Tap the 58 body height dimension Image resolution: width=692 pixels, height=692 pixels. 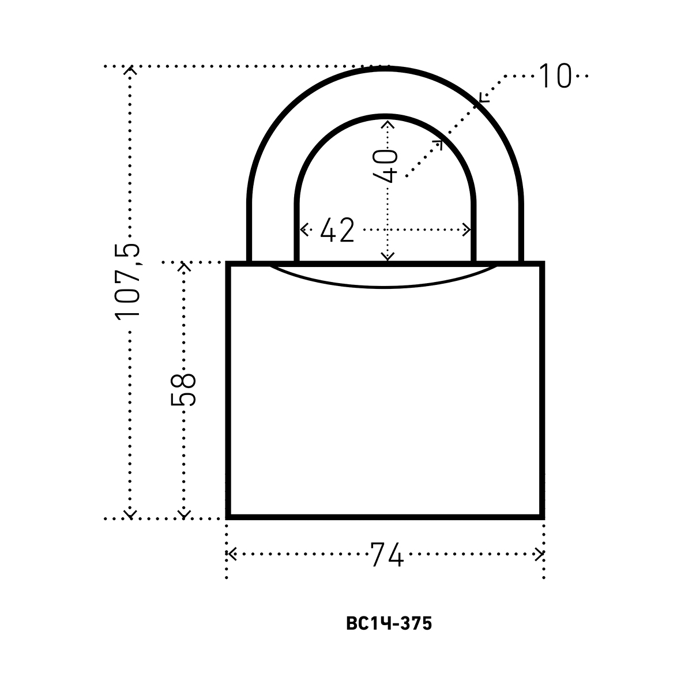tap(184, 389)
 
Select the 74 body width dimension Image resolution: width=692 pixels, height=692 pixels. tap(386, 555)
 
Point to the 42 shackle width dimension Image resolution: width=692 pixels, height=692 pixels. tap(337, 230)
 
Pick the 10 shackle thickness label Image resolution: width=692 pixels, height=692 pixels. tap(554, 76)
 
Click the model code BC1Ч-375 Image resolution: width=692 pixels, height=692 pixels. tap(389, 624)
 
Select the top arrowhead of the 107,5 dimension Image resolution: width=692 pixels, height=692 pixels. tap(131, 71)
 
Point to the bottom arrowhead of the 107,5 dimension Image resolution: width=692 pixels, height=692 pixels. tap(131, 513)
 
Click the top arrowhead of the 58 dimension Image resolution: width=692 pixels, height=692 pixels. tap(184, 266)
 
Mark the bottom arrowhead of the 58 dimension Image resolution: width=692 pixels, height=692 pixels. tap(184, 513)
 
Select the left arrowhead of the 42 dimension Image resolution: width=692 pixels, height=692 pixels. tap(303, 230)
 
